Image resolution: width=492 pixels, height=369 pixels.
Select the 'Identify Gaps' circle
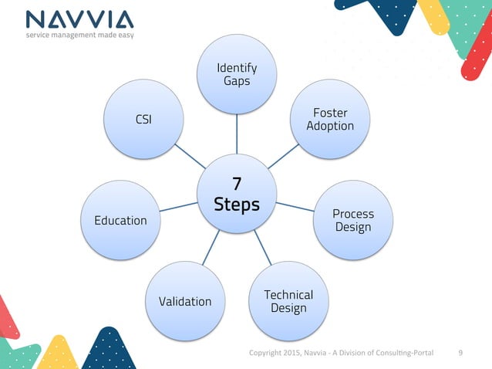[x=237, y=74]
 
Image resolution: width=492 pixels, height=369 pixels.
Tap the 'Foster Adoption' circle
[x=329, y=119]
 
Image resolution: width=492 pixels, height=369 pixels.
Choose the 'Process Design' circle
[x=353, y=220]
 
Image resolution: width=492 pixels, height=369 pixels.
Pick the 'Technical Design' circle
[x=288, y=301]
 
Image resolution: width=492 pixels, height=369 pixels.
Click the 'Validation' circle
[x=184, y=301]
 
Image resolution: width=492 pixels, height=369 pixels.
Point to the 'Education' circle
[x=120, y=220]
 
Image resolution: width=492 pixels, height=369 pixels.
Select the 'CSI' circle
[x=143, y=120]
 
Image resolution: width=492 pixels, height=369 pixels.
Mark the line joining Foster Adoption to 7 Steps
[x=284, y=156]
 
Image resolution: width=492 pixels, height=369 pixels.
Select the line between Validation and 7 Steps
[x=211, y=247]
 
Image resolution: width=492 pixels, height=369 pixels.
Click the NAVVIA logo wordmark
[x=79, y=19]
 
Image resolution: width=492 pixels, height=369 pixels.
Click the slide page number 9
[x=460, y=353]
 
